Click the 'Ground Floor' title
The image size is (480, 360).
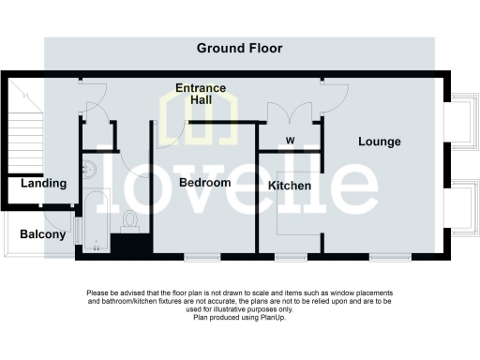pos(239,48)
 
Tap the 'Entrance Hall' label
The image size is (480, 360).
pos(201,94)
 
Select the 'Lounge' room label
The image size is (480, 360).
pos(379,142)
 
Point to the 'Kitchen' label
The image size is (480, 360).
pos(290,186)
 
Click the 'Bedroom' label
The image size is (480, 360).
pos(204,183)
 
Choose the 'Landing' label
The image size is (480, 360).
pos(43,183)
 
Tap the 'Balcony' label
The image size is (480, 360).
pos(42,234)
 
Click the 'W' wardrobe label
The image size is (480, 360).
pos(289,142)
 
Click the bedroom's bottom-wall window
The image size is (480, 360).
pos(202,256)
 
